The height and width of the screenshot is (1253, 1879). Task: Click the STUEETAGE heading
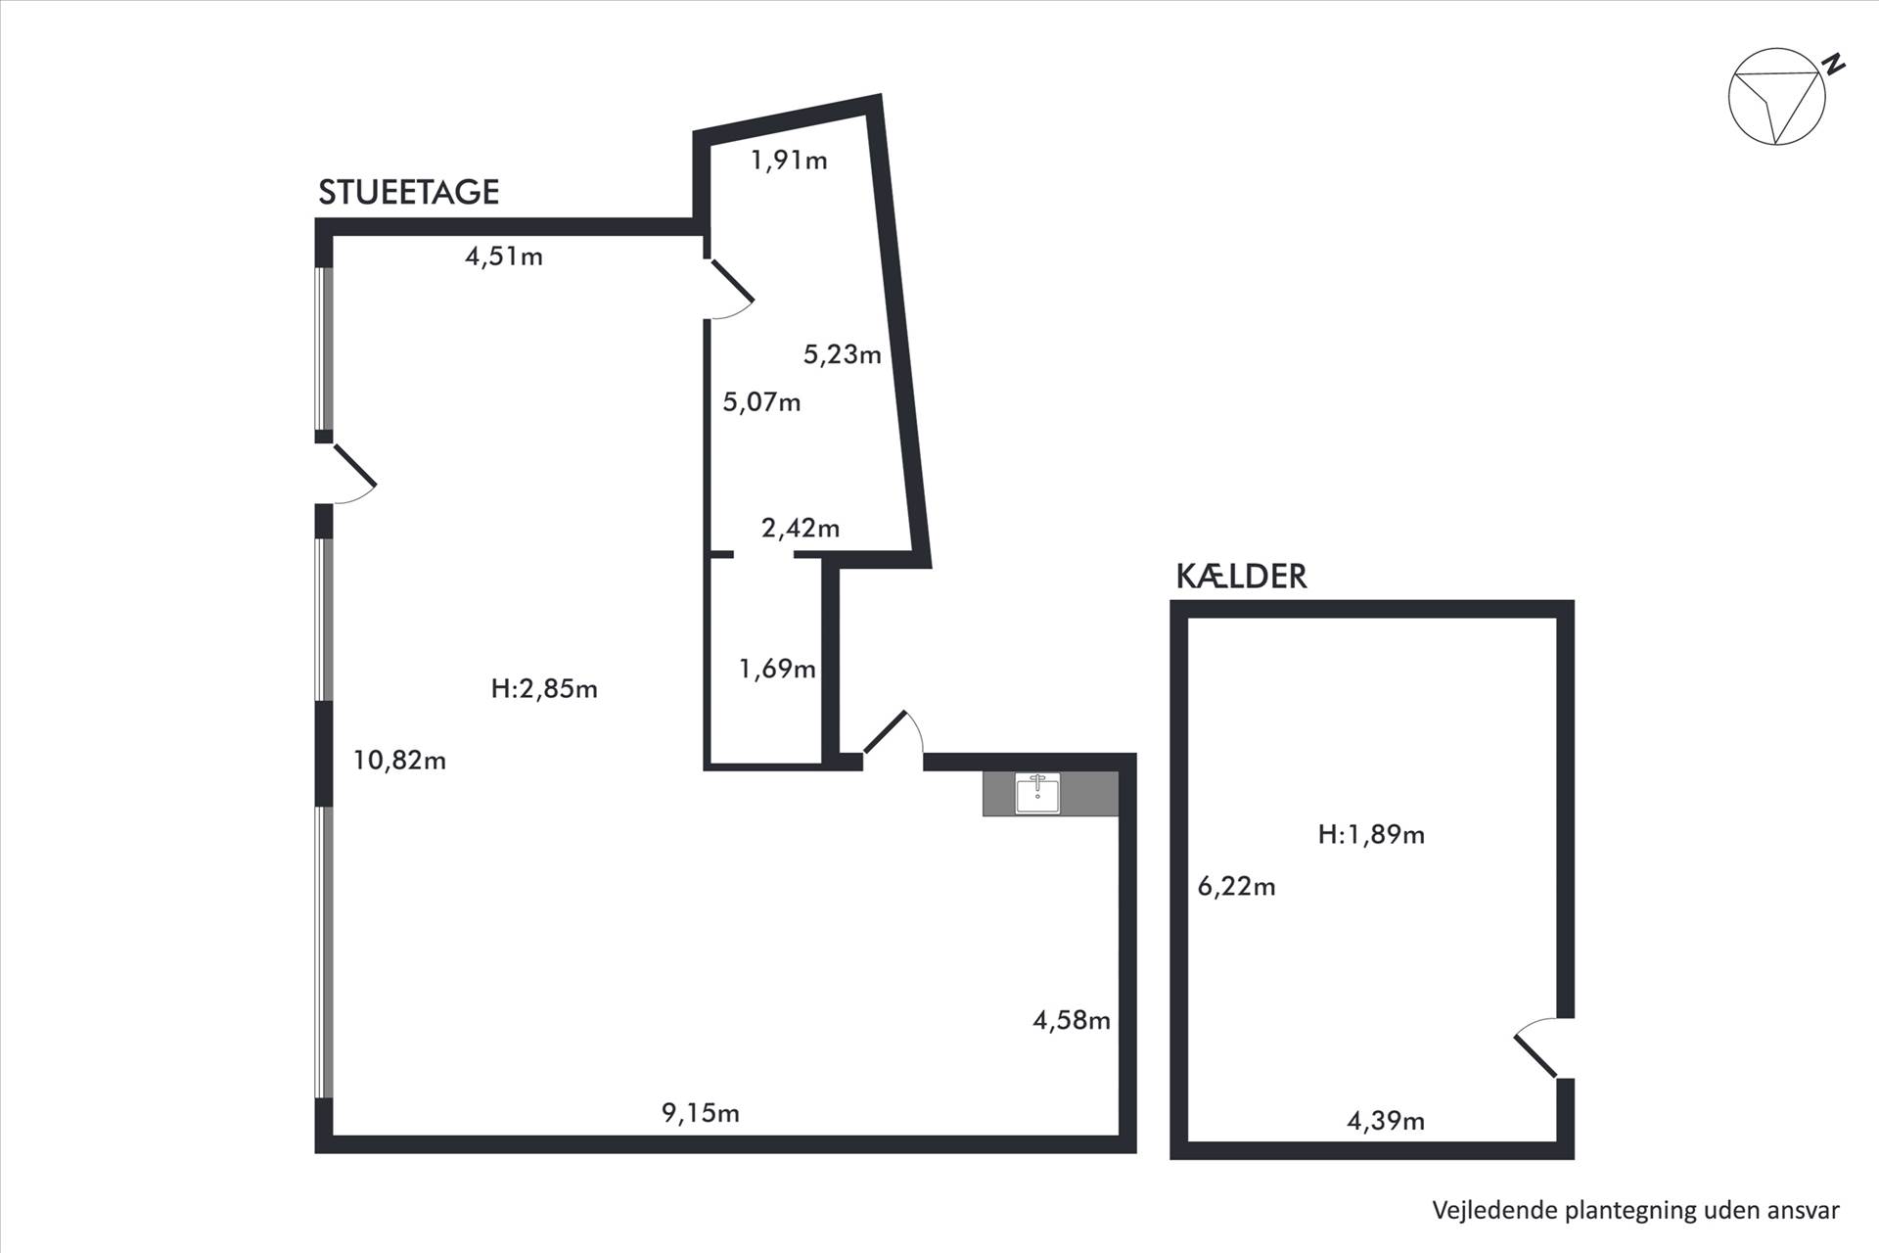pos(409,192)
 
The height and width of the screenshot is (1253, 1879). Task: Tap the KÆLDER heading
pos(1241,576)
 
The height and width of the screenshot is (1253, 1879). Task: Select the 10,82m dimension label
pos(399,760)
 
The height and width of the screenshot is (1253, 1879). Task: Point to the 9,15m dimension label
pos(701,1113)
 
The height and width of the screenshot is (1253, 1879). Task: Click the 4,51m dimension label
pos(504,256)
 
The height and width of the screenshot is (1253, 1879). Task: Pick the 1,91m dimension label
pos(789,160)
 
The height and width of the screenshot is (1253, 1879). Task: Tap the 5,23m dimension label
pos(843,354)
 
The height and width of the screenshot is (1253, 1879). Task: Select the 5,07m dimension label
pos(761,401)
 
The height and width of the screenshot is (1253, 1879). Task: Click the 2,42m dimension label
pos(801,529)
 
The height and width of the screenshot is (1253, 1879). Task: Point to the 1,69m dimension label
pos(777,670)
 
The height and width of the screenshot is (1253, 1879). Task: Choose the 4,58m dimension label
pos(1072,1021)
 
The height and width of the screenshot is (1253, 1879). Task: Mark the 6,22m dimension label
pos(1237,887)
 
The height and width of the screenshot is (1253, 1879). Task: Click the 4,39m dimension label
pos(1386,1121)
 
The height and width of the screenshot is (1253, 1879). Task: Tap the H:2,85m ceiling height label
pos(544,689)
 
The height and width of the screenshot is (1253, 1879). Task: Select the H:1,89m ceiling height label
pos(1371,835)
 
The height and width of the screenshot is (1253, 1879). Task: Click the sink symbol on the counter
pos(1037,793)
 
